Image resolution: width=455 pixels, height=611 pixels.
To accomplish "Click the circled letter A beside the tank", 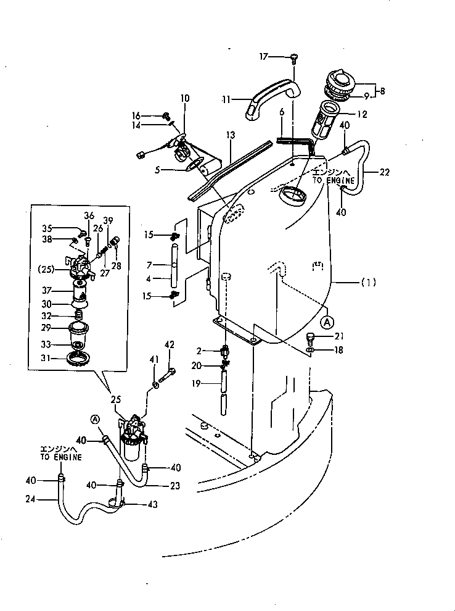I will [328, 322].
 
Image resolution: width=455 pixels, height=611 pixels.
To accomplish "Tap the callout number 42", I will [170, 344].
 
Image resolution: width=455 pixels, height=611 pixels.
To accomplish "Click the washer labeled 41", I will [155, 385].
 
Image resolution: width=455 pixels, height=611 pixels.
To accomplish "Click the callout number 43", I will [151, 504].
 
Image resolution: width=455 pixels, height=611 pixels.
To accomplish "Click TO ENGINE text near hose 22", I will [333, 181].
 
